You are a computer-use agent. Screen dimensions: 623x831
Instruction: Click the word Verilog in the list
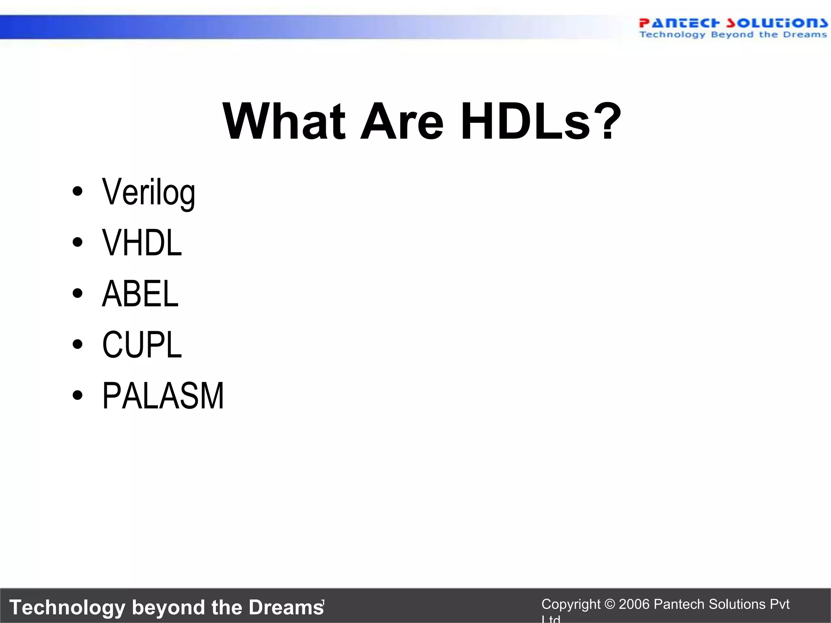149,193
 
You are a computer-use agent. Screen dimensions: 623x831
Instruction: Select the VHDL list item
142,243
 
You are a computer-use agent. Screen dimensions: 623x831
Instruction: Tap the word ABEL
140,294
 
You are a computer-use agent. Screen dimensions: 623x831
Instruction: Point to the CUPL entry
142,345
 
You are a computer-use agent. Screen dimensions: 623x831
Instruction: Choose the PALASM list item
163,396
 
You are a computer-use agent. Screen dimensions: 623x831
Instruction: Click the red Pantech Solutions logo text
733,23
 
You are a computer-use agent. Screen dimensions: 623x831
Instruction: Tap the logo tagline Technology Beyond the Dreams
733,35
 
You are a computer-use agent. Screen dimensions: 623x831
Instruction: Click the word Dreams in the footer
286,607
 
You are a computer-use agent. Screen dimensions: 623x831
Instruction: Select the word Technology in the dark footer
67,607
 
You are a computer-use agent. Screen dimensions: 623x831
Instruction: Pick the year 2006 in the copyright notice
634,604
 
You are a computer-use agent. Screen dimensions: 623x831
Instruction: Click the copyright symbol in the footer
609,604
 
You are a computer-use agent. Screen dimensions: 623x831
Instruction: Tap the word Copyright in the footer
571,604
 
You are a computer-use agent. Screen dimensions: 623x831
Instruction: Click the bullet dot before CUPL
77,344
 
